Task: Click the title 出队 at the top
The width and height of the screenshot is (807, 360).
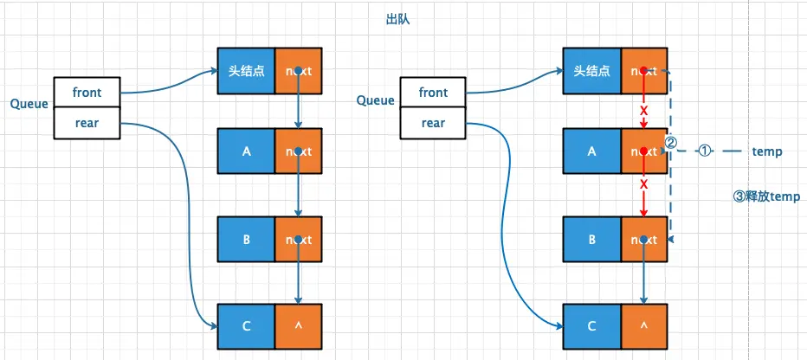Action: [397, 20]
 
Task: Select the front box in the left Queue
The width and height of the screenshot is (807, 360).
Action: [87, 93]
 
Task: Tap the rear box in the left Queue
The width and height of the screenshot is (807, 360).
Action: [87, 124]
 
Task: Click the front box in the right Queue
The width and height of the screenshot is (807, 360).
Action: [433, 93]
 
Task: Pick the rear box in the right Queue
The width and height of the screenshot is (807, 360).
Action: [433, 124]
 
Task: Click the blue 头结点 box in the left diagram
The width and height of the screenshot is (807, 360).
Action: [247, 71]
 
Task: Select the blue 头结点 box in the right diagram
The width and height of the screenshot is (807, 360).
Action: [592, 71]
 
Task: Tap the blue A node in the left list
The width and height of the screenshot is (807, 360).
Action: [247, 151]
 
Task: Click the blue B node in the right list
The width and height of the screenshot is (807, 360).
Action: [592, 240]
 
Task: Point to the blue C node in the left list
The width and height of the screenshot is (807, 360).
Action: [247, 326]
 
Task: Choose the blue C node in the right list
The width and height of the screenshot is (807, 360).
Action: [592, 326]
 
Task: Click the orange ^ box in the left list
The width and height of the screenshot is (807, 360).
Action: [299, 326]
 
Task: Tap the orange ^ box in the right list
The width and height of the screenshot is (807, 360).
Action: [644, 326]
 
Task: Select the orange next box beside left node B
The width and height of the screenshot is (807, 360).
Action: [299, 240]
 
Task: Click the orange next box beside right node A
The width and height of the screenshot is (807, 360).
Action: [644, 151]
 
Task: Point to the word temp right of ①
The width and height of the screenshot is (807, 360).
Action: [767, 151]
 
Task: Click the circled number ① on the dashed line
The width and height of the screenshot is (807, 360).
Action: [705, 151]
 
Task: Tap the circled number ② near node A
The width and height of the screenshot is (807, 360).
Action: [670, 143]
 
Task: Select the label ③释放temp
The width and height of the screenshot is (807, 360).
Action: [766, 196]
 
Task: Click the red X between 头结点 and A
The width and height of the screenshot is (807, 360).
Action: [643, 111]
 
